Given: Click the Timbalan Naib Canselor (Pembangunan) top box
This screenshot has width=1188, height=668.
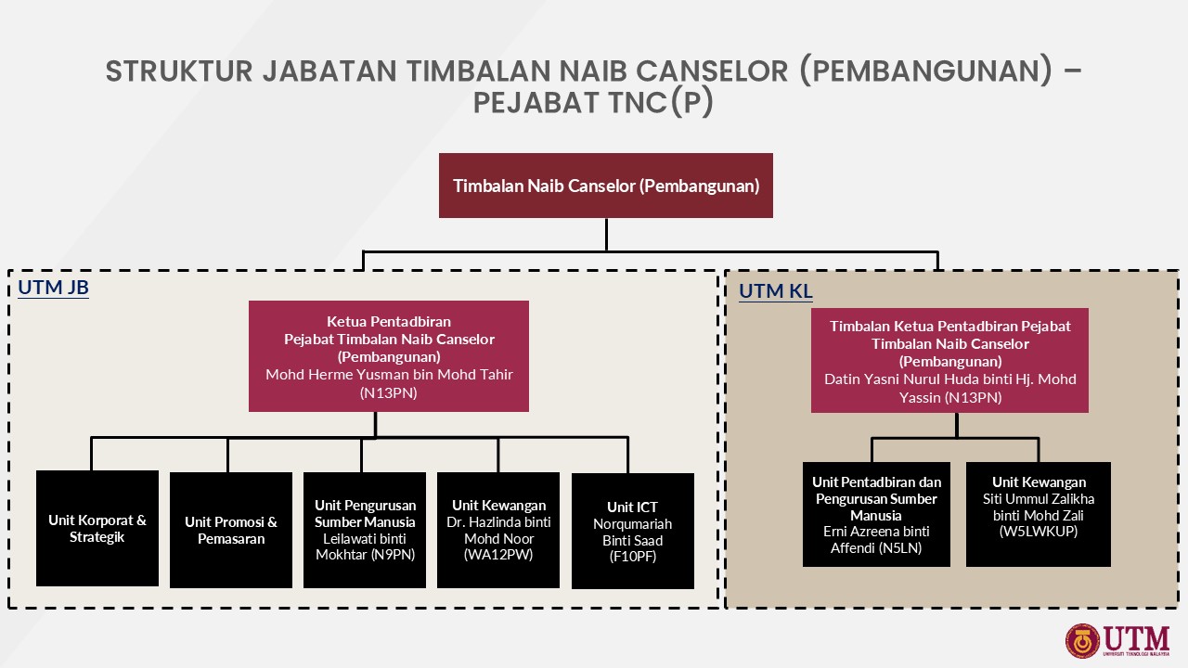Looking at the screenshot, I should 605,186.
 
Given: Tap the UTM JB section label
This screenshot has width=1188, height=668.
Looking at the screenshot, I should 53,288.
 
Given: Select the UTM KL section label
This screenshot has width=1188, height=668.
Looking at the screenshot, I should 775,291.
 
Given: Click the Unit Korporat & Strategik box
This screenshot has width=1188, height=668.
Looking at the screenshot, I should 97,529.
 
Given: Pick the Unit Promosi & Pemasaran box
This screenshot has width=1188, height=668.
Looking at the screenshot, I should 230,530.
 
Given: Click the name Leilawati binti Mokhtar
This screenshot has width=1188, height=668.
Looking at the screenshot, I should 365,546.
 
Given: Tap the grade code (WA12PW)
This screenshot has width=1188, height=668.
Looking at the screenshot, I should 498,555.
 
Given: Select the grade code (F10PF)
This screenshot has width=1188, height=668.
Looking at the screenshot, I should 632,557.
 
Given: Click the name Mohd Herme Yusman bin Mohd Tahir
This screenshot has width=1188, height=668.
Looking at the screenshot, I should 389,375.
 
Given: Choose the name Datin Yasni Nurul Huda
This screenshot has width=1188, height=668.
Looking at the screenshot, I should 949,379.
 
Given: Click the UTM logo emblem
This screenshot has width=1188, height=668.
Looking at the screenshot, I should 1082,640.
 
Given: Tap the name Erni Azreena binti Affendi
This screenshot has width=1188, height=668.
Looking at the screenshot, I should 876,540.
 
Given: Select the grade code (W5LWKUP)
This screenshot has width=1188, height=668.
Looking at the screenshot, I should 1038,533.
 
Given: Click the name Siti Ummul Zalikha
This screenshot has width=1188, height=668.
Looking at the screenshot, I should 1038,498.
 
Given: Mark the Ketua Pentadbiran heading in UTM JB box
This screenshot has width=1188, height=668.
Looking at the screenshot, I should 389,321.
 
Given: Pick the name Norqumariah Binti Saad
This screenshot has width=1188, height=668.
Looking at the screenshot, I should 632,532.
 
